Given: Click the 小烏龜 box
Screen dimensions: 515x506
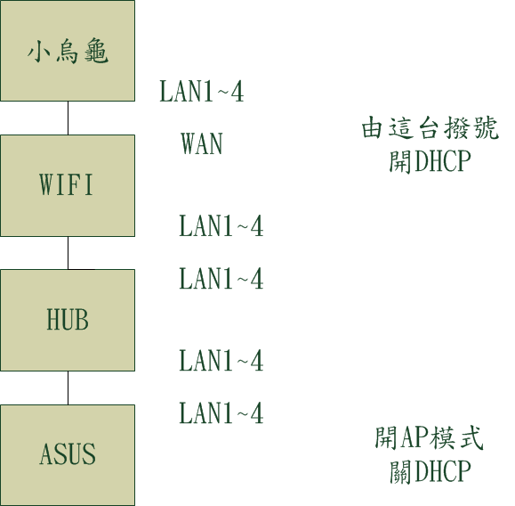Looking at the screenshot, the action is (68, 51).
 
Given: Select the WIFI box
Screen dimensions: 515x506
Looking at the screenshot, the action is (68, 185).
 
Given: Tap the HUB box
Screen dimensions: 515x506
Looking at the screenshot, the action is (68, 320).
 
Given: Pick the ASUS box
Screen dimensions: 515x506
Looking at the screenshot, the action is (68, 455).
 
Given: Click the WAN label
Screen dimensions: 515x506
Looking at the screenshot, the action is (202, 143).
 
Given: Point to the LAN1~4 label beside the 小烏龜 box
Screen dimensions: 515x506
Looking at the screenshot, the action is (201, 91).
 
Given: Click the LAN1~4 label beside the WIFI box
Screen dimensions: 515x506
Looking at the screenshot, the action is (221, 225).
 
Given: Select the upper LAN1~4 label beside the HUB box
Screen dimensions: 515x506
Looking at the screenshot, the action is (221, 278).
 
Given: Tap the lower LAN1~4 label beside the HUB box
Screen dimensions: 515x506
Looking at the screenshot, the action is (221, 361).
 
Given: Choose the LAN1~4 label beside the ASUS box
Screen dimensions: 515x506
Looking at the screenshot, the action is (221, 413).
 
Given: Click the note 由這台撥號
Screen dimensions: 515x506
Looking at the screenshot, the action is (431, 127).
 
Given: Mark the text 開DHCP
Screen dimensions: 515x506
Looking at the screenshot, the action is (431, 161).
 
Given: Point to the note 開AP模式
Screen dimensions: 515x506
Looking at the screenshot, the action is (429, 438).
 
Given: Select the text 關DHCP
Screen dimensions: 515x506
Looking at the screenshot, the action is (431, 471).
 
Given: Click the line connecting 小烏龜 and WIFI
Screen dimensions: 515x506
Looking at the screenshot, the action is (68, 118).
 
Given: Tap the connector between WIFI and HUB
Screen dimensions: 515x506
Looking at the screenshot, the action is (68, 253).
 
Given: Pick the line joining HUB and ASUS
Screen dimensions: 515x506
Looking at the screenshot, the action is (68, 388).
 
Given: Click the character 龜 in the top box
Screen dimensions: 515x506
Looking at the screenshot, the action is (96, 53).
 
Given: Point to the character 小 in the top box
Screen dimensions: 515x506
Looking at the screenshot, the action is (39, 53).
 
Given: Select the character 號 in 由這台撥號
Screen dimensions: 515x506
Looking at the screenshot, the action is (487, 127).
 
